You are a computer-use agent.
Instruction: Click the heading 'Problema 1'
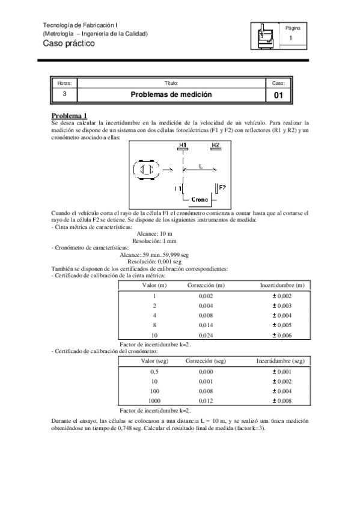coord(70,115)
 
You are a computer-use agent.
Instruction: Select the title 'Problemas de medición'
coord(171,95)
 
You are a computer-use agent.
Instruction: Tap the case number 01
coord(278,95)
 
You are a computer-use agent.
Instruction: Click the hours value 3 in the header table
coord(64,95)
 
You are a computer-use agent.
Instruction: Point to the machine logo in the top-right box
coord(264,35)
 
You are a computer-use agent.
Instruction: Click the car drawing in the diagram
coord(146,170)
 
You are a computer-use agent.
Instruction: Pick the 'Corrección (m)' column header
coord(206,285)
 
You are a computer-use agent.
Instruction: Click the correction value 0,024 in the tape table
coord(206,334)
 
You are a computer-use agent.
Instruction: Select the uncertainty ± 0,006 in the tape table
coord(282,334)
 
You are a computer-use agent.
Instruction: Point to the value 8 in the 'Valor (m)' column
coord(154,325)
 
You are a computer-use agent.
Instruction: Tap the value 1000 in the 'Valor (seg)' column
coord(154,401)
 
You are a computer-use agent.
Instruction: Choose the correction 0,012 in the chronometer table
coord(206,401)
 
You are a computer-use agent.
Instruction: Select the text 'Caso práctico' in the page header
coord(69,43)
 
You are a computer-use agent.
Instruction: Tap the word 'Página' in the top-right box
coord(293,28)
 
